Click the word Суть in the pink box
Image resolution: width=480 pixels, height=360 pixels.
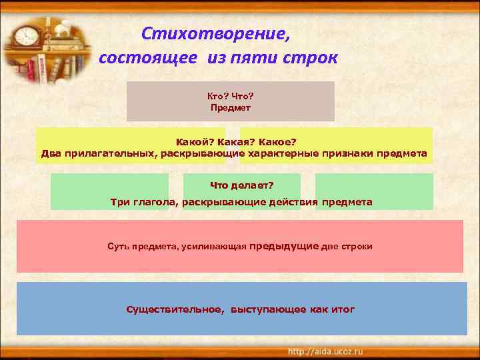[117, 247]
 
